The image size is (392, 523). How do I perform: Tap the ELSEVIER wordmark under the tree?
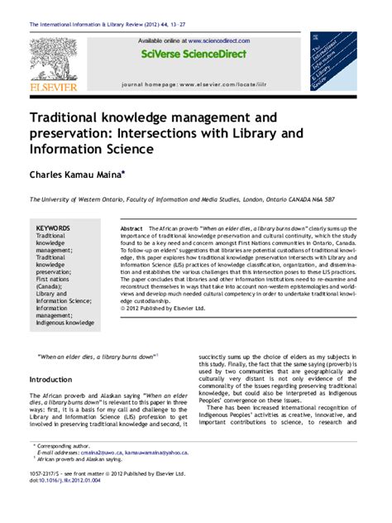[53, 86]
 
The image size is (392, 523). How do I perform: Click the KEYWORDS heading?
[53, 228]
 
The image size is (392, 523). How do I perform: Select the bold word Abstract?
[132, 228]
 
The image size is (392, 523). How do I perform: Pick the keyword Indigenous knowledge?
[65, 323]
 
